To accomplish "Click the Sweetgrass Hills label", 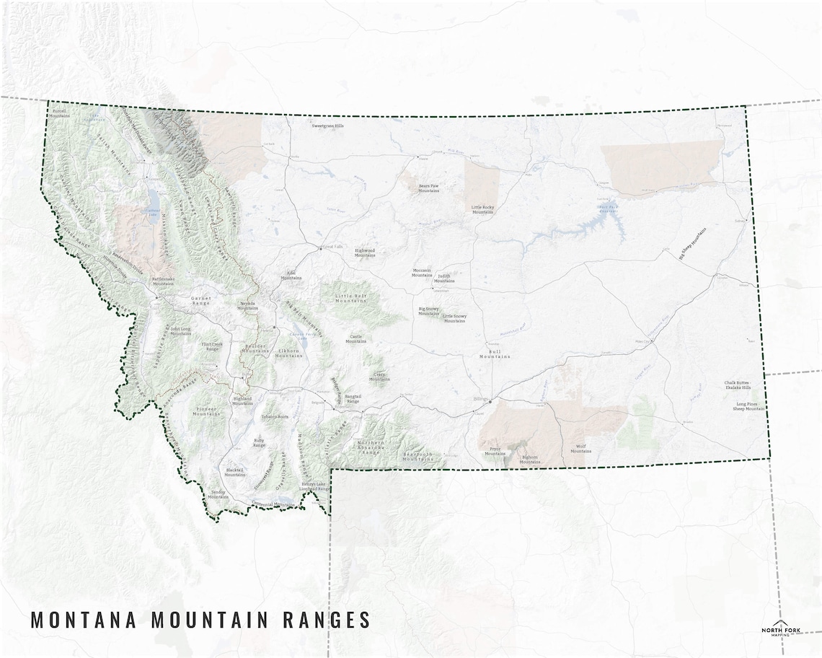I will click(328, 126).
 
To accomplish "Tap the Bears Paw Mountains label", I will click(429, 188).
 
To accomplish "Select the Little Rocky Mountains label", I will click(482, 209).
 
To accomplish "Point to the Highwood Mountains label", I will click(365, 253).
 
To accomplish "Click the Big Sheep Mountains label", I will click(692, 243).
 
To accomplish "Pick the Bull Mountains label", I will click(495, 354).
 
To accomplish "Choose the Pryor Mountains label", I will click(495, 451).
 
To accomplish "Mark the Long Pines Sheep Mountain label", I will click(750, 406).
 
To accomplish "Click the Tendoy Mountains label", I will click(218, 494).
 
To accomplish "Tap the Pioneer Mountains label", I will click(208, 411).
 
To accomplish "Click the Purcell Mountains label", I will click(60, 113).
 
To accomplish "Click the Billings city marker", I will click(490, 401).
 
